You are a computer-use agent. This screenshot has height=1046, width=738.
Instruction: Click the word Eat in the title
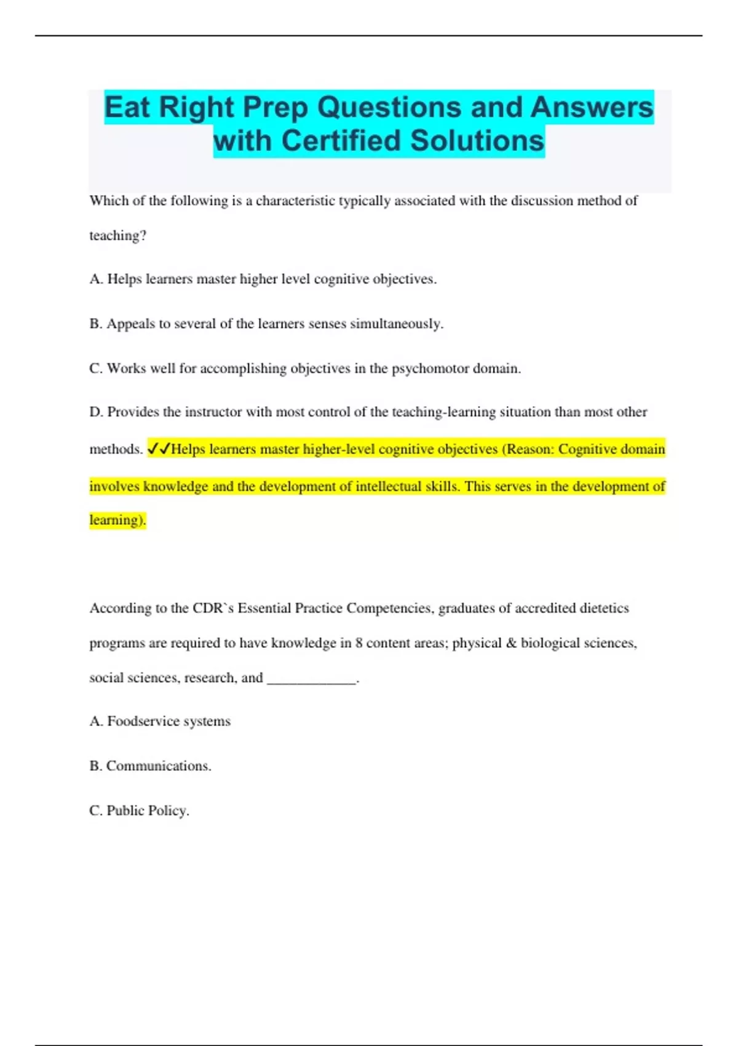[x=127, y=108]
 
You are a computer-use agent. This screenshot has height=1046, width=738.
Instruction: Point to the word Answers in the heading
[x=591, y=108]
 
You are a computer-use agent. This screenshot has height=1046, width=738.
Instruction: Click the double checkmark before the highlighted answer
[x=159, y=449]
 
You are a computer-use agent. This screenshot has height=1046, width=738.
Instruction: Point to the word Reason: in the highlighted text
[x=530, y=449]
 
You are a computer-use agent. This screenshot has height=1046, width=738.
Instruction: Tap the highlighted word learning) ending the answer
[x=117, y=520]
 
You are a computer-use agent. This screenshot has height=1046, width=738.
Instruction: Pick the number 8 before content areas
[x=359, y=643]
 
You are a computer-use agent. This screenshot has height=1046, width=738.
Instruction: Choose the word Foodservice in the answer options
[x=143, y=721]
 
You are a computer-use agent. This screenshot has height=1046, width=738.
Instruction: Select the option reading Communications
[x=159, y=766]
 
